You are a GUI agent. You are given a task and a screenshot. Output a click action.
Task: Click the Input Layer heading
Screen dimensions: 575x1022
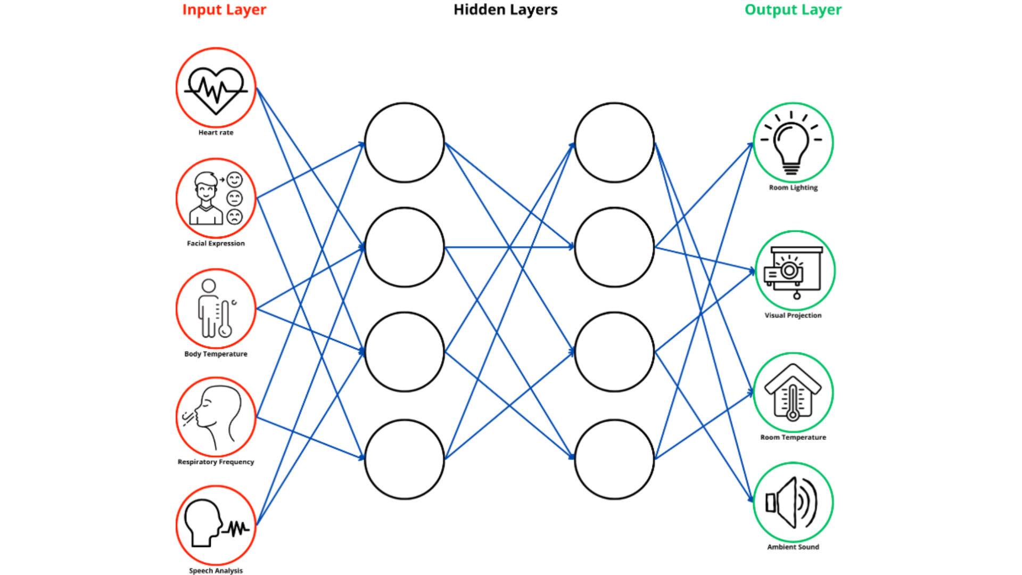click(x=224, y=10)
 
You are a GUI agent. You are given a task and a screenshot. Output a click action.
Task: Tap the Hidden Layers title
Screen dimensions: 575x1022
click(x=505, y=10)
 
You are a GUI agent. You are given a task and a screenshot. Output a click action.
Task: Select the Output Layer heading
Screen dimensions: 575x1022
click(x=793, y=10)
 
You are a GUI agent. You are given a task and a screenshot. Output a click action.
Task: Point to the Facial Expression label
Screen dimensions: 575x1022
click(x=216, y=243)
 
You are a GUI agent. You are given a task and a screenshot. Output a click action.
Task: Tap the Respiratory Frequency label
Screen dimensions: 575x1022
click(x=216, y=462)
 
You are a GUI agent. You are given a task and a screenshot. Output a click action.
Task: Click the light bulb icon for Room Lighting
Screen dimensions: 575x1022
click(x=792, y=144)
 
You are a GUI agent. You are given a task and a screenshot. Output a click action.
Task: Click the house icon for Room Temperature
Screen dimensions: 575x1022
click(x=793, y=393)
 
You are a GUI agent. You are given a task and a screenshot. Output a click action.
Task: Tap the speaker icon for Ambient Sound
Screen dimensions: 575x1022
click(x=792, y=502)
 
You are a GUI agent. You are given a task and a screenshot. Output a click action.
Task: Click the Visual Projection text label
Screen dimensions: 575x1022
click(x=793, y=315)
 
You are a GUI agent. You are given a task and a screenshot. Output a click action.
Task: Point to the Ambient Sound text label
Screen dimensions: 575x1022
click(x=793, y=547)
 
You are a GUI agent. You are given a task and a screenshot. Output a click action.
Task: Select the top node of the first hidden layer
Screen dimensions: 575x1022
click(x=405, y=143)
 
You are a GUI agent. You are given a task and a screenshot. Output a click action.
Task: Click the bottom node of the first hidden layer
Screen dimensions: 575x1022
click(x=405, y=459)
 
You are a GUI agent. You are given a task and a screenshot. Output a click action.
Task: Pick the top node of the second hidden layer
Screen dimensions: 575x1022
click(x=614, y=143)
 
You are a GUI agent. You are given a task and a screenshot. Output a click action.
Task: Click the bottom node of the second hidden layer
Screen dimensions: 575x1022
click(x=614, y=459)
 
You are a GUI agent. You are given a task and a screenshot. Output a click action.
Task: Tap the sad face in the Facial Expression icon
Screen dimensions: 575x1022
click(x=235, y=217)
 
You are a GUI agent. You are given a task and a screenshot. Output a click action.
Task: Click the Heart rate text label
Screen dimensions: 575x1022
click(x=216, y=133)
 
